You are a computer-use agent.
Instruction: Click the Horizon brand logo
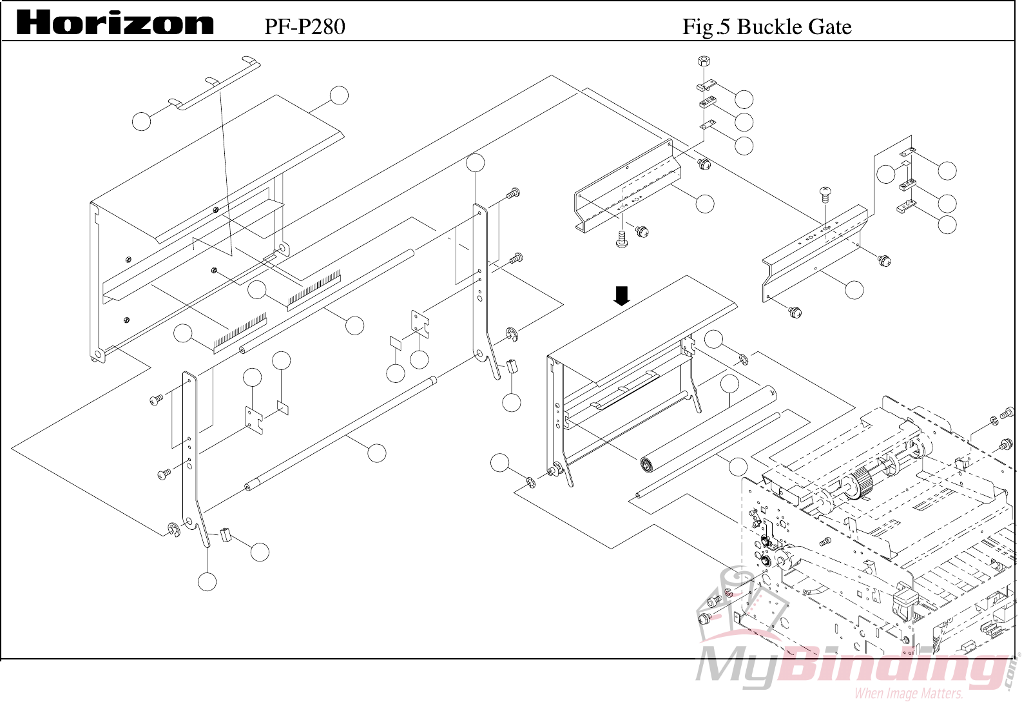[x=115, y=24]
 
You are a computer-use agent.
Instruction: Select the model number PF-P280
[x=304, y=26]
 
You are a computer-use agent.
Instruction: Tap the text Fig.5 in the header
[x=707, y=26]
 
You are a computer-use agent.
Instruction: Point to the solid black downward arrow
[x=621, y=297]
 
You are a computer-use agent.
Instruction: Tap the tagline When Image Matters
[x=908, y=694]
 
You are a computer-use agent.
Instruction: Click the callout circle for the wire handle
[x=142, y=121]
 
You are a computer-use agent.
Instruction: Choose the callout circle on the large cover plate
[x=339, y=95]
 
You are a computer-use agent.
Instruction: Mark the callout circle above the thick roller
[x=729, y=384]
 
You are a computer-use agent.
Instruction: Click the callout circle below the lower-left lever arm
[x=207, y=581]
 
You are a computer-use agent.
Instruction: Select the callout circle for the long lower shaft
[x=377, y=453]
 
